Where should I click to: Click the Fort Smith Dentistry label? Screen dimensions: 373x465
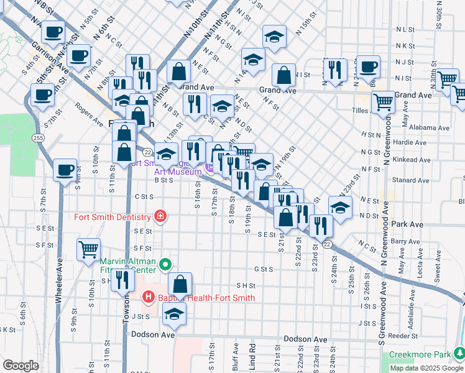click(x=113, y=217)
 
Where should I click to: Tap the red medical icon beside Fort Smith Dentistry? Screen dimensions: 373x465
click(x=160, y=216)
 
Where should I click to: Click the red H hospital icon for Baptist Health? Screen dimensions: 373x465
click(x=149, y=297)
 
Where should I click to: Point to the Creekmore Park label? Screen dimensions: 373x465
click(x=415, y=355)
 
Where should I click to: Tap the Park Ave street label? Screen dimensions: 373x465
click(x=408, y=224)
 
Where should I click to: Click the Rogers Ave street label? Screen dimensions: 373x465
click(x=89, y=114)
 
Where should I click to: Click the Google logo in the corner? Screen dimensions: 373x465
click(x=21, y=365)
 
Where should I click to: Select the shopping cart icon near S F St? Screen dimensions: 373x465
click(x=88, y=249)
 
